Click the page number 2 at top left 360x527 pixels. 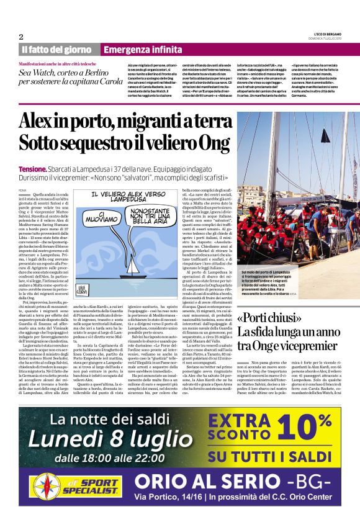[20, 36]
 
